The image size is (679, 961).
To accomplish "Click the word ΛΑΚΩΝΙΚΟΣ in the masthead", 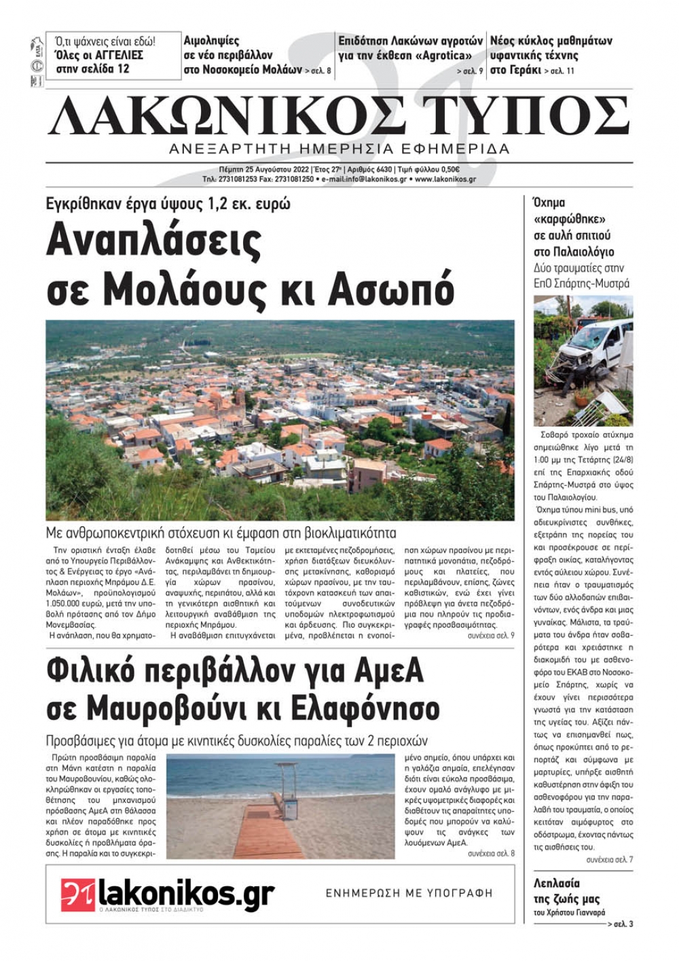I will [227, 117].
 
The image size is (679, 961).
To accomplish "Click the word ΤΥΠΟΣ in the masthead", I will [526, 117].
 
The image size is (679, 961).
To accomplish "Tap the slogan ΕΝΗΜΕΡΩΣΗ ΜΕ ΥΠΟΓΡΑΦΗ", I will [409, 893].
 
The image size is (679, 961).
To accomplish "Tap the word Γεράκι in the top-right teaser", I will [524, 69].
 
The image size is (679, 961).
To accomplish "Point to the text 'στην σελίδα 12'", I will [92, 69].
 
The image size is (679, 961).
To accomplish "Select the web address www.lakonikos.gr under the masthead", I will [445, 179].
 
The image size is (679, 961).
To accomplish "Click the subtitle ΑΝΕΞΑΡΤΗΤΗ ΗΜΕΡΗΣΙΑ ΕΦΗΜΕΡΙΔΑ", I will [339, 149].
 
